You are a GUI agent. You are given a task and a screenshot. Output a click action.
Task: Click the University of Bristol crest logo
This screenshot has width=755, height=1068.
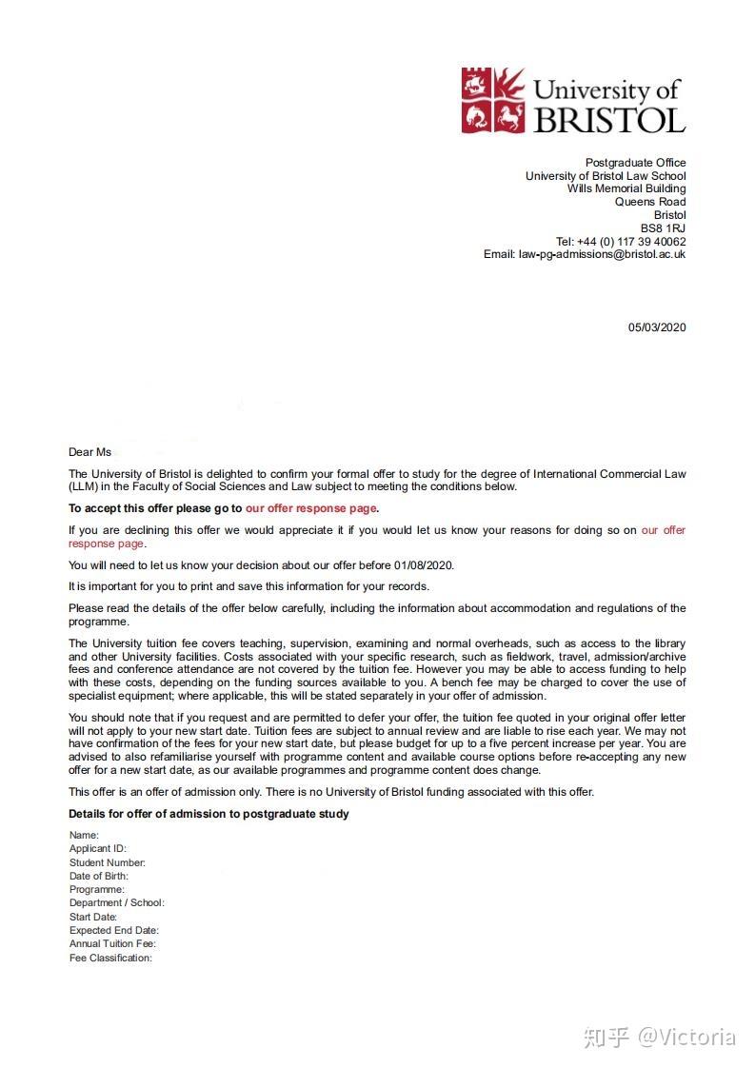click(x=493, y=100)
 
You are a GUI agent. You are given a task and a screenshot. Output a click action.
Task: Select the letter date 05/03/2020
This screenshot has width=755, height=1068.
click(x=656, y=327)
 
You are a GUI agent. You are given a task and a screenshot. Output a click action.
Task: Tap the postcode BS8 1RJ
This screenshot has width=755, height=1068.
click(x=663, y=228)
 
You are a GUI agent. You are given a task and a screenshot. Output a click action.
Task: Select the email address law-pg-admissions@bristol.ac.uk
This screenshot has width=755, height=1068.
click(x=602, y=254)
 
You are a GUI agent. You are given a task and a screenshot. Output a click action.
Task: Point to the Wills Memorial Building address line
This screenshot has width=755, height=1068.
click(x=626, y=188)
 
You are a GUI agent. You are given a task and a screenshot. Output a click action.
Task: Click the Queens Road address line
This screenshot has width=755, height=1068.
click(x=650, y=202)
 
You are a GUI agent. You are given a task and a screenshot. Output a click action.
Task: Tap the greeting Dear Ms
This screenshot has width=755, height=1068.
click(x=89, y=452)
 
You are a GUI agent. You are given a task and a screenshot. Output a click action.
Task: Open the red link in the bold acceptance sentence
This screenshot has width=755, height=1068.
click(x=311, y=508)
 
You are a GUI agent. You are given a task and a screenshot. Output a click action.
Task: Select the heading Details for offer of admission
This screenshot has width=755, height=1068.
click(x=209, y=814)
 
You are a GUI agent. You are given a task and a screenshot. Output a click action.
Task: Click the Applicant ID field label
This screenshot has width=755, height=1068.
click(x=97, y=848)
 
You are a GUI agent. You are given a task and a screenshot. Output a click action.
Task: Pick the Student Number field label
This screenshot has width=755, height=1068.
click(x=107, y=862)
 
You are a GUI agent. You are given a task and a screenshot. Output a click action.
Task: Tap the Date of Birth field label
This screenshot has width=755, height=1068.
click(x=98, y=876)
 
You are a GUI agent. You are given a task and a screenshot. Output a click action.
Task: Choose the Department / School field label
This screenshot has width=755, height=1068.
click(x=116, y=902)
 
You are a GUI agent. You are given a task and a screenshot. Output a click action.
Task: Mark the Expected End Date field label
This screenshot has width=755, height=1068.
click(x=113, y=930)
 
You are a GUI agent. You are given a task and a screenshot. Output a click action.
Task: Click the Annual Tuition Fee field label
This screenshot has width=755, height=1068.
click(x=112, y=943)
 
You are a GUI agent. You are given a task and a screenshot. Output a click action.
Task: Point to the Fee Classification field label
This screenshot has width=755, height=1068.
click(x=110, y=958)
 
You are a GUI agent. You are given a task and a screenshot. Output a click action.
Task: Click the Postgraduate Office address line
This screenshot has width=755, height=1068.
click(x=635, y=163)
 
